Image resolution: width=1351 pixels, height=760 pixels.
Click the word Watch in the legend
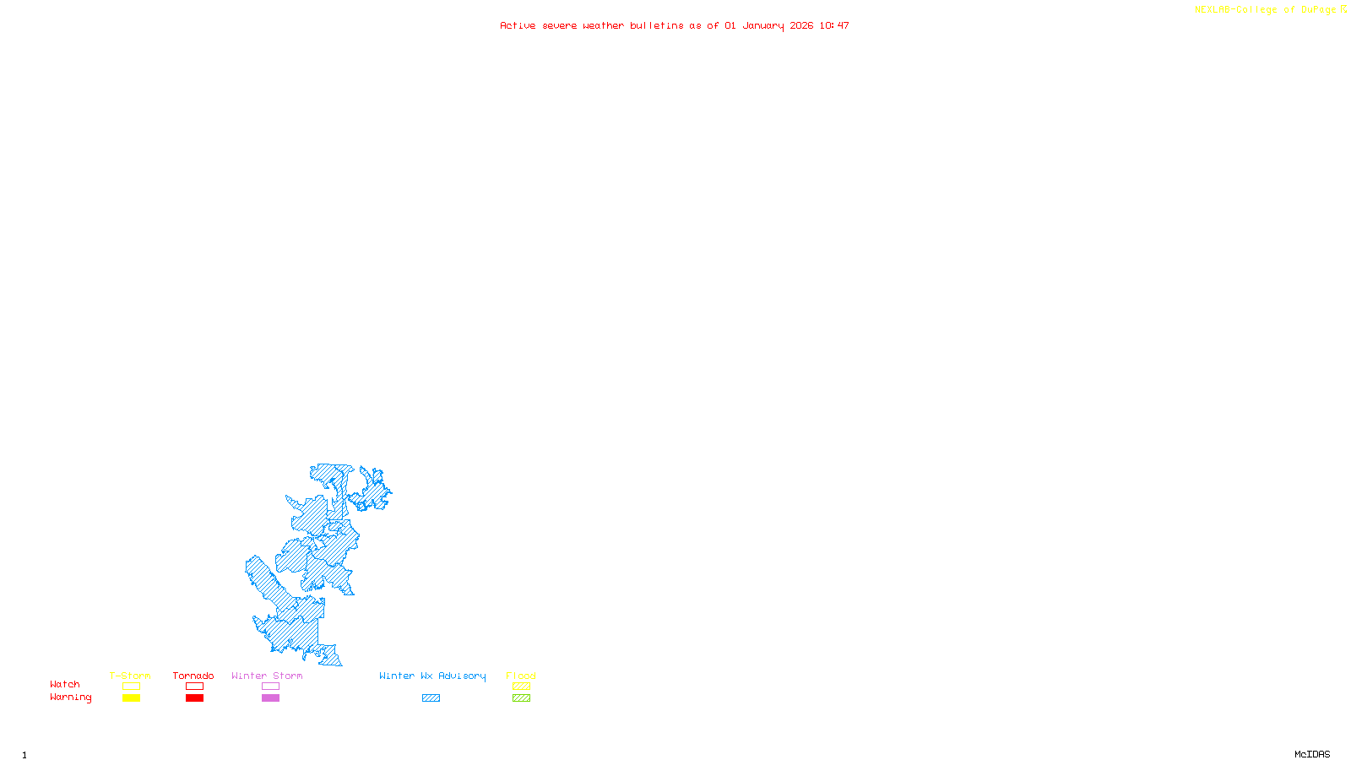point(65,684)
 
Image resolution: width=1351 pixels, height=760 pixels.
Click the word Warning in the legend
point(70,698)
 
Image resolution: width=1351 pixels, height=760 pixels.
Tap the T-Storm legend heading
point(130,676)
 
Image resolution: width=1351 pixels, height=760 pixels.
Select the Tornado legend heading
point(193,676)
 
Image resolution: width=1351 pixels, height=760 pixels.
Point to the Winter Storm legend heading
point(267,676)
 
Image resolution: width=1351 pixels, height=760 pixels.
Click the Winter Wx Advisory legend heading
point(432,676)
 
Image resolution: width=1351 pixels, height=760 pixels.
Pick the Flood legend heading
point(521,676)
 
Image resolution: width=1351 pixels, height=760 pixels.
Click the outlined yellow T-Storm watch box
point(131,687)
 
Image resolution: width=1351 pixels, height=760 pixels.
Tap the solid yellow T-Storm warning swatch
point(131,698)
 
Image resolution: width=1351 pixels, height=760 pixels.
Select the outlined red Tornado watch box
point(194,687)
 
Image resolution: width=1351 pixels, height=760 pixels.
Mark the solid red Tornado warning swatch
point(194,698)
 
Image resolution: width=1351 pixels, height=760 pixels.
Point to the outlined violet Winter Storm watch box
point(270,687)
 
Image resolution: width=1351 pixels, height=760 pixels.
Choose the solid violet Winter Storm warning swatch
point(270,698)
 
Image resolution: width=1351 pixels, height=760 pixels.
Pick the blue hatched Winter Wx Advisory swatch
point(431,698)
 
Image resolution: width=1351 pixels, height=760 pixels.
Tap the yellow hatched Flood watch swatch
point(521,687)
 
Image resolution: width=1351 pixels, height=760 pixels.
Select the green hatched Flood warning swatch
point(521,698)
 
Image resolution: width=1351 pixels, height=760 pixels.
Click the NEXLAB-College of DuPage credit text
point(1266,10)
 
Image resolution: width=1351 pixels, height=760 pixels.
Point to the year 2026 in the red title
point(801,25)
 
